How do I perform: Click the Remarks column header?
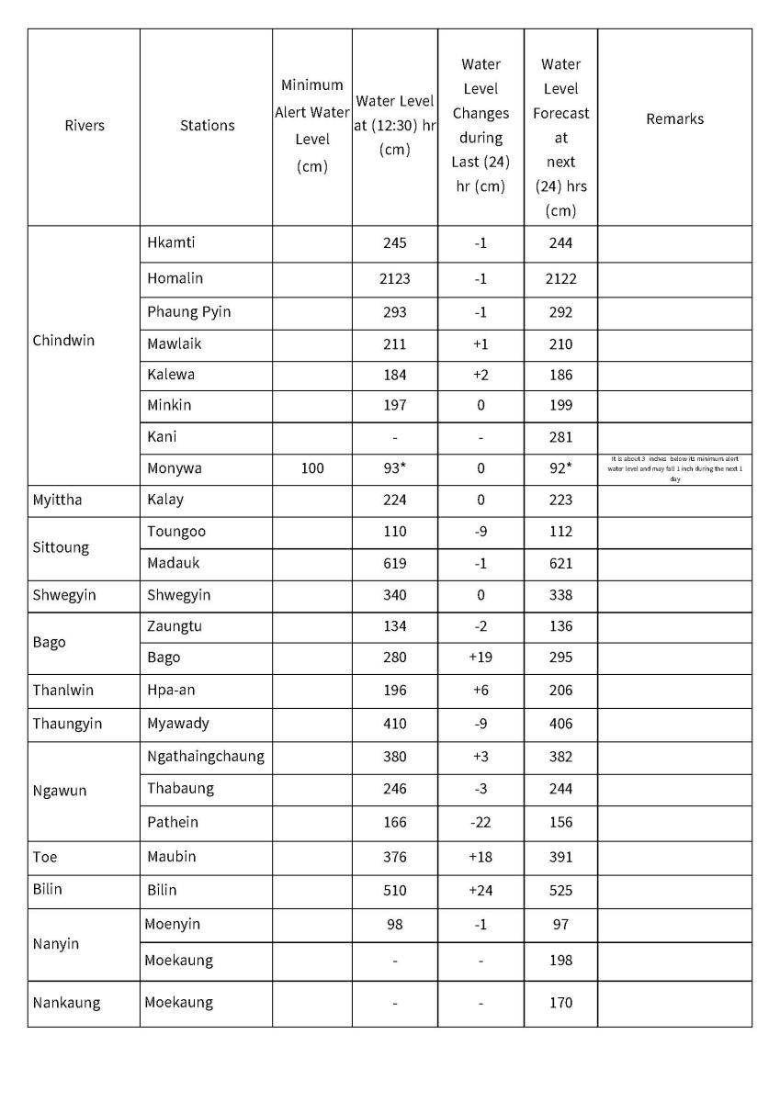[x=674, y=118]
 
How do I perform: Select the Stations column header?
[x=207, y=126]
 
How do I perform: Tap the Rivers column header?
[x=85, y=126]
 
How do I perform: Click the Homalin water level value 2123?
[x=394, y=278]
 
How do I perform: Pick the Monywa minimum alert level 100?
[x=312, y=468]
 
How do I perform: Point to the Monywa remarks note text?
[x=674, y=468]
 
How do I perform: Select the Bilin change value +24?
[x=480, y=890]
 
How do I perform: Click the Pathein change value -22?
[x=480, y=822]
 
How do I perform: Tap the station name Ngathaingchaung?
[x=206, y=757]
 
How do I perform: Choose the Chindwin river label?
[x=63, y=341]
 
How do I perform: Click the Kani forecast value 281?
[x=560, y=437]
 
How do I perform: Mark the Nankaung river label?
[x=67, y=1003]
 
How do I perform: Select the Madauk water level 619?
[x=394, y=564]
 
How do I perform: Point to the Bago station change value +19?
[x=480, y=658]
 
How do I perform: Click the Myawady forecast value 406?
[x=560, y=724]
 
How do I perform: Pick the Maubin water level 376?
[x=394, y=857]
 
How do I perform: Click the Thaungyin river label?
[x=67, y=724]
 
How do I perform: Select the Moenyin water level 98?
[x=394, y=924]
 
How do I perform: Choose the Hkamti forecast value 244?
[x=560, y=243]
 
